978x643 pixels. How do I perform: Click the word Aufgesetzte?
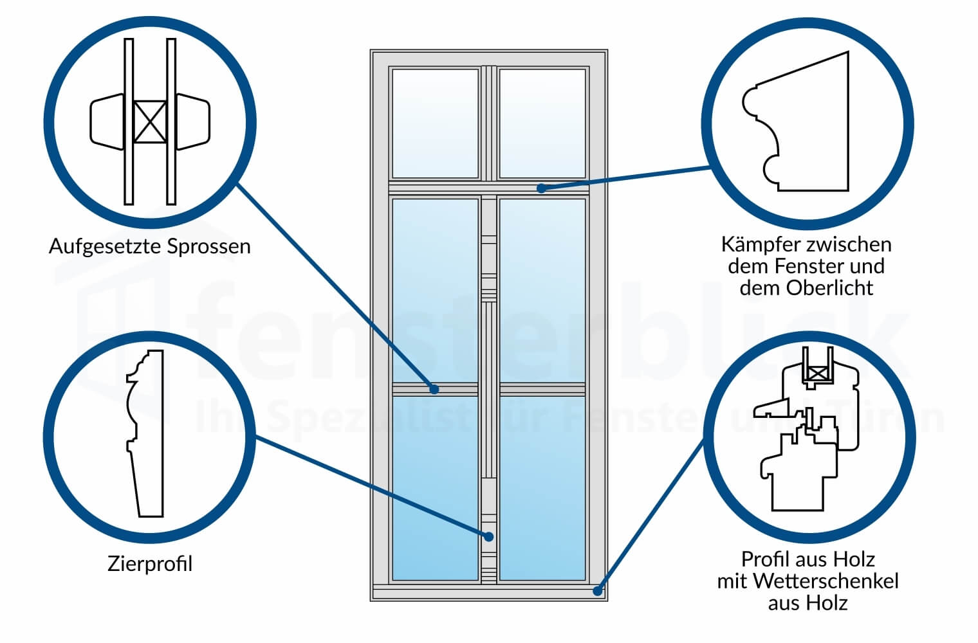pos(104,247)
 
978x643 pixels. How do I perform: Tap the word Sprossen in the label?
pos(209,247)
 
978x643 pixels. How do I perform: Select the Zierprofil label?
pos(150,565)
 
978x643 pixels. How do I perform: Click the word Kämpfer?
pos(752,245)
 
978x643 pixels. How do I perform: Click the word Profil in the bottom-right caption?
pos(763,559)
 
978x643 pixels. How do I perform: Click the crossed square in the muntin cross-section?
pos(149,122)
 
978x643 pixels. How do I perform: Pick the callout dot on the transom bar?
pos(542,188)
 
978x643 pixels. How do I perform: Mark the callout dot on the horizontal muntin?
pos(435,389)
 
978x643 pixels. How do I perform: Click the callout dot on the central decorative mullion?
pos(488,535)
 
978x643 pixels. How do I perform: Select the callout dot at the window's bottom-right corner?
pos(598,590)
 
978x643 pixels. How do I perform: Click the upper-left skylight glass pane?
pos(435,123)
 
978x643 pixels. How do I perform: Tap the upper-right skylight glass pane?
pos(542,123)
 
